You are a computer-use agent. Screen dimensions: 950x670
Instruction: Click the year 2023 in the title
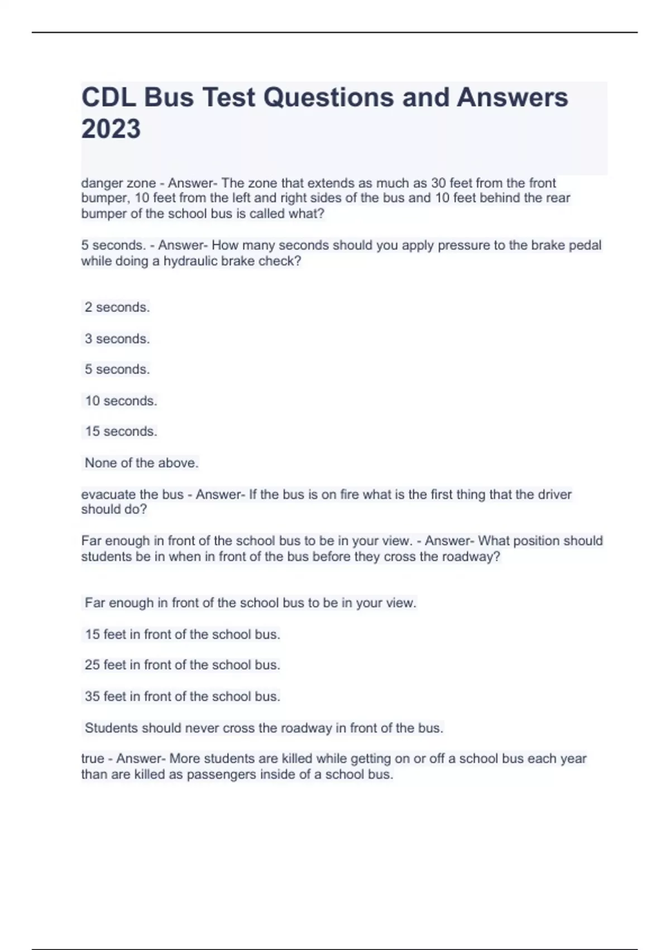pyautogui.click(x=111, y=129)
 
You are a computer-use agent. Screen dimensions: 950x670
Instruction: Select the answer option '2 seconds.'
pyautogui.click(x=117, y=307)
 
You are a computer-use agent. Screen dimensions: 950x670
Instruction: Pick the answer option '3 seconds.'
pyautogui.click(x=117, y=339)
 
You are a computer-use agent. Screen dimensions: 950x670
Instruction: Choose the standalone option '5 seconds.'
pyautogui.click(x=117, y=369)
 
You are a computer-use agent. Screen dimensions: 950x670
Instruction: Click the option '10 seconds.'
pyautogui.click(x=121, y=401)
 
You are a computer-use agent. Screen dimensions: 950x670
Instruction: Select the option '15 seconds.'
pyautogui.click(x=121, y=431)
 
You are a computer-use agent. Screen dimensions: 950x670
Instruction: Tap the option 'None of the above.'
pyautogui.click(x=141, y=463)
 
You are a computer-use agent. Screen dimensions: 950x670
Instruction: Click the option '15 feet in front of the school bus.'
pyautogui.click(x=182, y=634)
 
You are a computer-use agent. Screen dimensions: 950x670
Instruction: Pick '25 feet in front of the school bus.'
pyautogui.click(x=182, y=665)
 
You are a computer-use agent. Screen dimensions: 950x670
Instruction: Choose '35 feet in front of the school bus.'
pyautogui.click(x=182, y=696)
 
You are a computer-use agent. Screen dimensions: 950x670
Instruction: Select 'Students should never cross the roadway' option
pyautogui.click(x=264, y=728)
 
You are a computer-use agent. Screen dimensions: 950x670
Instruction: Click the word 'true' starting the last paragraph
pyautogui.click(x=93, y=759)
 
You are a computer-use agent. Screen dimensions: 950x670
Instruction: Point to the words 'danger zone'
pyautogui.click(x=118, y=183)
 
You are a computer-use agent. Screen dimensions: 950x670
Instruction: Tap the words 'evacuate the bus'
pyautogui.click(x=132, y=495)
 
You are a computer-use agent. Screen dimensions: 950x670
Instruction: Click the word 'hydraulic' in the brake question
pyautogui.click(x=188, y=261)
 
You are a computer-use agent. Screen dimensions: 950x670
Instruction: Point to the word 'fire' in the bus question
pyautogui.click(x=350, y=495)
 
